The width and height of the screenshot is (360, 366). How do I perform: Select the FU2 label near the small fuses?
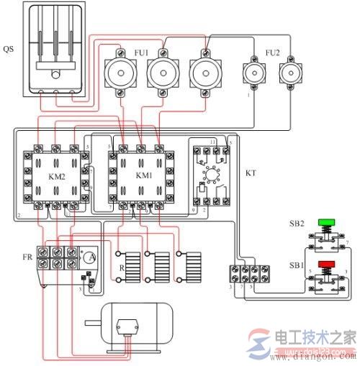(x=272, y=52)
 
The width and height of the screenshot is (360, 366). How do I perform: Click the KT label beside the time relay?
(x=250, y=173)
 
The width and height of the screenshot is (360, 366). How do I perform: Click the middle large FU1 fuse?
(x=162, y=73)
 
